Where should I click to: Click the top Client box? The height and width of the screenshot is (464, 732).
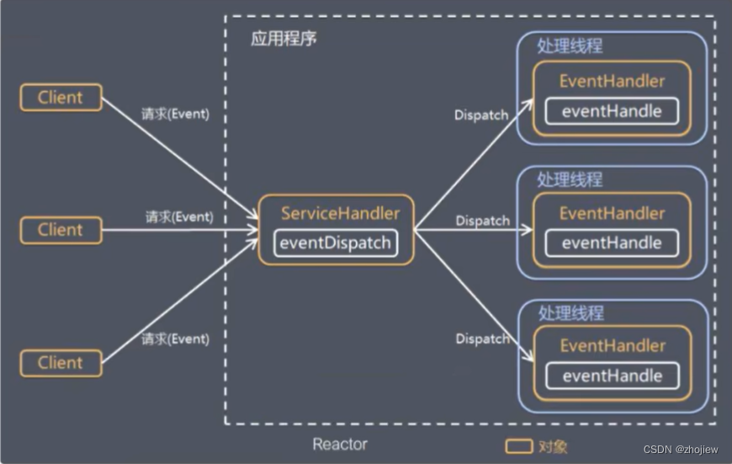pyautogui.click(x=61, y=97)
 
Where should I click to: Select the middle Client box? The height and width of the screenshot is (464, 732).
pyautogui.click(x=61, y=229)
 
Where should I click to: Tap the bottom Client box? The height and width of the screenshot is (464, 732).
pyautogui.click(x=61, y=363)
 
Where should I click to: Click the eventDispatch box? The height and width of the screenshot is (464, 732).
pyautogui.click(x=335, y=243)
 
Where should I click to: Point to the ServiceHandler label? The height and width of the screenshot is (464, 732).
pyautogui.click(x=340, y=213)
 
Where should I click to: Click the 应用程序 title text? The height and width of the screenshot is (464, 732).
pyautogui.click(x=284, y=39)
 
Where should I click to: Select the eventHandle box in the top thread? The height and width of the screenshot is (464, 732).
pyautogui.click(x=612, y=111)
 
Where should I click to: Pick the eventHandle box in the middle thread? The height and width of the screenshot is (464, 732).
pyautogui.click(x=612, y=243)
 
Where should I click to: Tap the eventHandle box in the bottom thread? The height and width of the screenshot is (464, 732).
pyautogui.click(x=612, y=376)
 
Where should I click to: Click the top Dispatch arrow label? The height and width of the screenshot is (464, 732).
pyautogui.click(x=481, y=115)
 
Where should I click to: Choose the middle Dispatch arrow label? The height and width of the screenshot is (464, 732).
pyautogui.click(x=483, y=221)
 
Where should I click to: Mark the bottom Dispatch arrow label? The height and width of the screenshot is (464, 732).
pyautogui.click(x=483, y=339)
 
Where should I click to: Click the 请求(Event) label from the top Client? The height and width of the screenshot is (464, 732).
pyautogui.click(x=175, y=114)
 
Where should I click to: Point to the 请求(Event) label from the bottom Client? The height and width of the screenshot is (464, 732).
pyautogui.click(x=175, y=339)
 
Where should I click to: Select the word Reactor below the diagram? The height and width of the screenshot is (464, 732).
pyautogui.click(x=340, y=444)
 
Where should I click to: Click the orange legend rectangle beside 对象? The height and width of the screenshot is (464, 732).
pyautogui.click(x=516, y=445)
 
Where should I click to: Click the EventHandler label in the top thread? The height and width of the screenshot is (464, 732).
pyautogui.click(x=612, y=82)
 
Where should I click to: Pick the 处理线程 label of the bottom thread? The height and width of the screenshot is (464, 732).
pyautogui.click(x=570, y=312)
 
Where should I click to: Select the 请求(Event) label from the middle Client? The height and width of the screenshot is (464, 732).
pyautogui.click(x=179, y=217)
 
